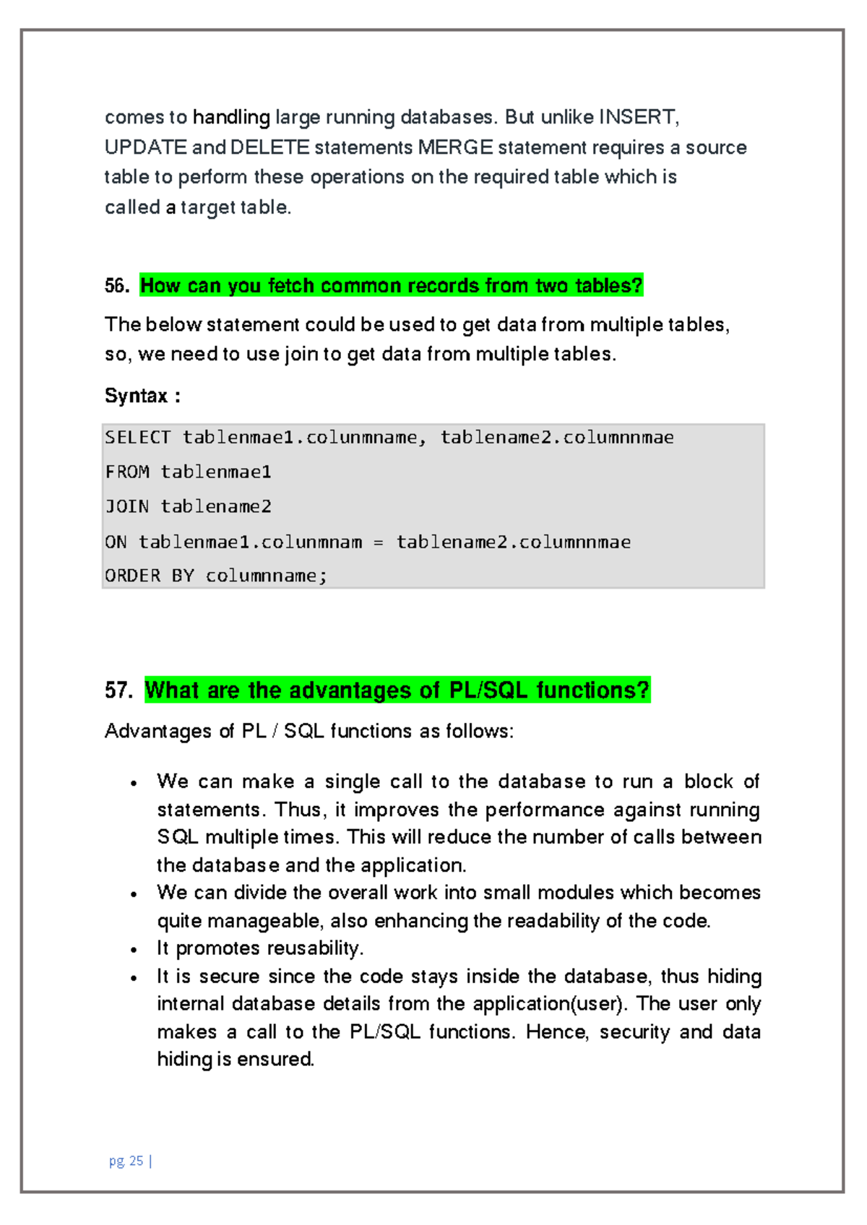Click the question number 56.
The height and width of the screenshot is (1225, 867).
click(x=116, y=286)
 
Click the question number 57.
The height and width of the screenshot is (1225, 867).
click(x=118, y=691)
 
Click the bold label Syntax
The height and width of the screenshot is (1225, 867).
click(x=137, y=396)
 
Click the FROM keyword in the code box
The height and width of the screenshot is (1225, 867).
click(x=127, y=472)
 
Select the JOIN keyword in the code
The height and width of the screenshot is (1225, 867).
click(x=127, y=507)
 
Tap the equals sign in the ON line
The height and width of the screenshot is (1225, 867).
click(x=379, y=542)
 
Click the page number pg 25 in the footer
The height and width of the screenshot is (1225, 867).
click(x=127, y=1161)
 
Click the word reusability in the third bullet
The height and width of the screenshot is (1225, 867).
click(x=313, y=948)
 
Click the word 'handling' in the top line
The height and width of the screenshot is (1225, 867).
click(x=231, y=117)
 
